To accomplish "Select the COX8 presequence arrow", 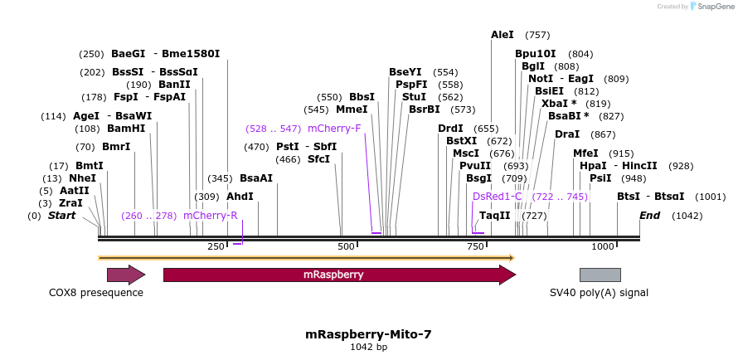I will pyautogui.click(x=125, y=275).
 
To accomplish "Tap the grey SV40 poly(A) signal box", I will pyautogui.click(x=600, y=275).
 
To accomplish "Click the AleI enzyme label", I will pyautogui.click(x=503, y=35).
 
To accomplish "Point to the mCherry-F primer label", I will pyautogui.click(x=334, y=129).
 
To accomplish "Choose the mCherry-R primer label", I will pyautogui.click(x=211, y=216).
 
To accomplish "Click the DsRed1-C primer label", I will pyautogui.click(x=498, y=197).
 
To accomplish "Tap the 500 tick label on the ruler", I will pyautogui.click(x=346, y=246).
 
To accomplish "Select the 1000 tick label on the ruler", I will pyautogui.click(x=603, y=246).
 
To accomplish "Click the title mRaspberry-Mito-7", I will pyautogui.click(x=368, y=334).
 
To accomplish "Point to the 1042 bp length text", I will pyautogui.click(x=368, y=347).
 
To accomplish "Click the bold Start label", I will pyautogui.click(x=61, y=216).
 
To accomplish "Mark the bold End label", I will pyautogui.click(x=650, y=216).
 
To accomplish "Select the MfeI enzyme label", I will pyautogui.click(x=585, y=153).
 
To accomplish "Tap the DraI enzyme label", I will pyautogui.click(x=567, y=134).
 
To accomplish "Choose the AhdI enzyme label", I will pyautogui.click(x=240, y=197).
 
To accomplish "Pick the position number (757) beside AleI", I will pyautogui.click(x=537, y=35).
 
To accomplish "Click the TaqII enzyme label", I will pyautogui.click(x=495, y=216).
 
